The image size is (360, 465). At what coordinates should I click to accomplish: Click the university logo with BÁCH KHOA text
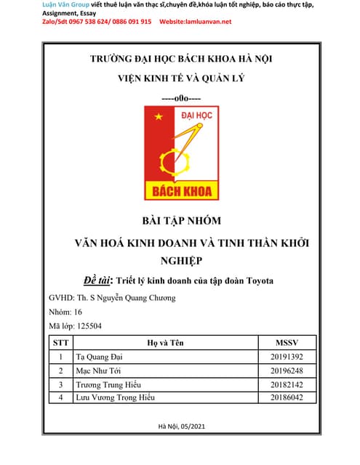(x=180, y=153)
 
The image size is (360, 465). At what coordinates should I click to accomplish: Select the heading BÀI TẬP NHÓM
(x=180, y=220)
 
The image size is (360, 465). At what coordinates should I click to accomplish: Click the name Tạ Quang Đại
(x=99, y=357)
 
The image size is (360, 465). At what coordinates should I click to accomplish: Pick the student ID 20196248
(x=286, y=371)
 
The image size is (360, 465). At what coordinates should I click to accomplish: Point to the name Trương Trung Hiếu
(x=108, y=384)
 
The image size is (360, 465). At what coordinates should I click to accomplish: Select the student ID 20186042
(x=286, y=397)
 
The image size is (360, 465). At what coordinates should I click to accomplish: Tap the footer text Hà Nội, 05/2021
(x=180, y=426)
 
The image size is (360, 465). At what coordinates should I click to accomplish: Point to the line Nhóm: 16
(x=65, y=312)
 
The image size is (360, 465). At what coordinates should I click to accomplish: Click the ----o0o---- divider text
(x=180, y=97)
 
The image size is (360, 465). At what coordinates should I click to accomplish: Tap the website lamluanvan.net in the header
(x=207, y=22)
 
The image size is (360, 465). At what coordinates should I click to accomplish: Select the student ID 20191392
(x=286, y=357)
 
